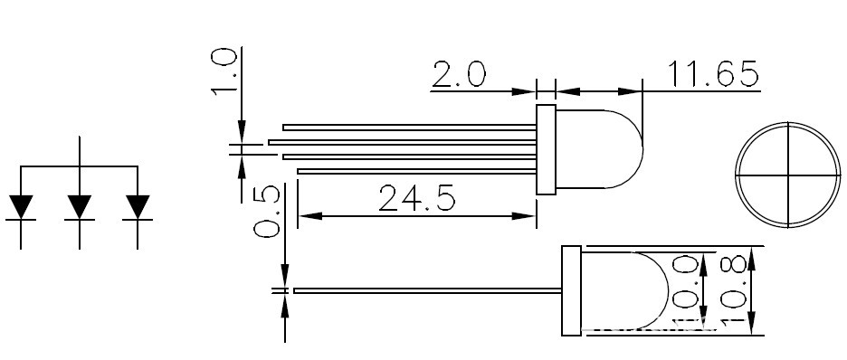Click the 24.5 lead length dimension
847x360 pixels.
pyautogui.click(x=416, y=197)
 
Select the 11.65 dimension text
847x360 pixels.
pyautogui.click(x=712, y=74)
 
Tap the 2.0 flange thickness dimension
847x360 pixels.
pyautogui.click(x=459, y=74)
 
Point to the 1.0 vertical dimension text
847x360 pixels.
pyautogui.click(x=224, y=72)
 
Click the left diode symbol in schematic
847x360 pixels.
pyautogui.click(x=21, y=207)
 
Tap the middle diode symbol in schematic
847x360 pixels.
pyautogui.click(x=80, y=207)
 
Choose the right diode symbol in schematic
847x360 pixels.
pyautogui.click(x=138, y=207)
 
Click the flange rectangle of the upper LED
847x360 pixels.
pyautogui.click(x=546, y=149)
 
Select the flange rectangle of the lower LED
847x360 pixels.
pyautogui.click(x=571, y=291)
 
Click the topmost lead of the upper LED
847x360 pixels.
pyautogui.click(x=407, y=127)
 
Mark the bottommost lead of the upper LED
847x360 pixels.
pyautogui.click(x=416, y=169)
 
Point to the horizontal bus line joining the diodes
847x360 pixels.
pyautogui.click(x=80, y=166)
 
